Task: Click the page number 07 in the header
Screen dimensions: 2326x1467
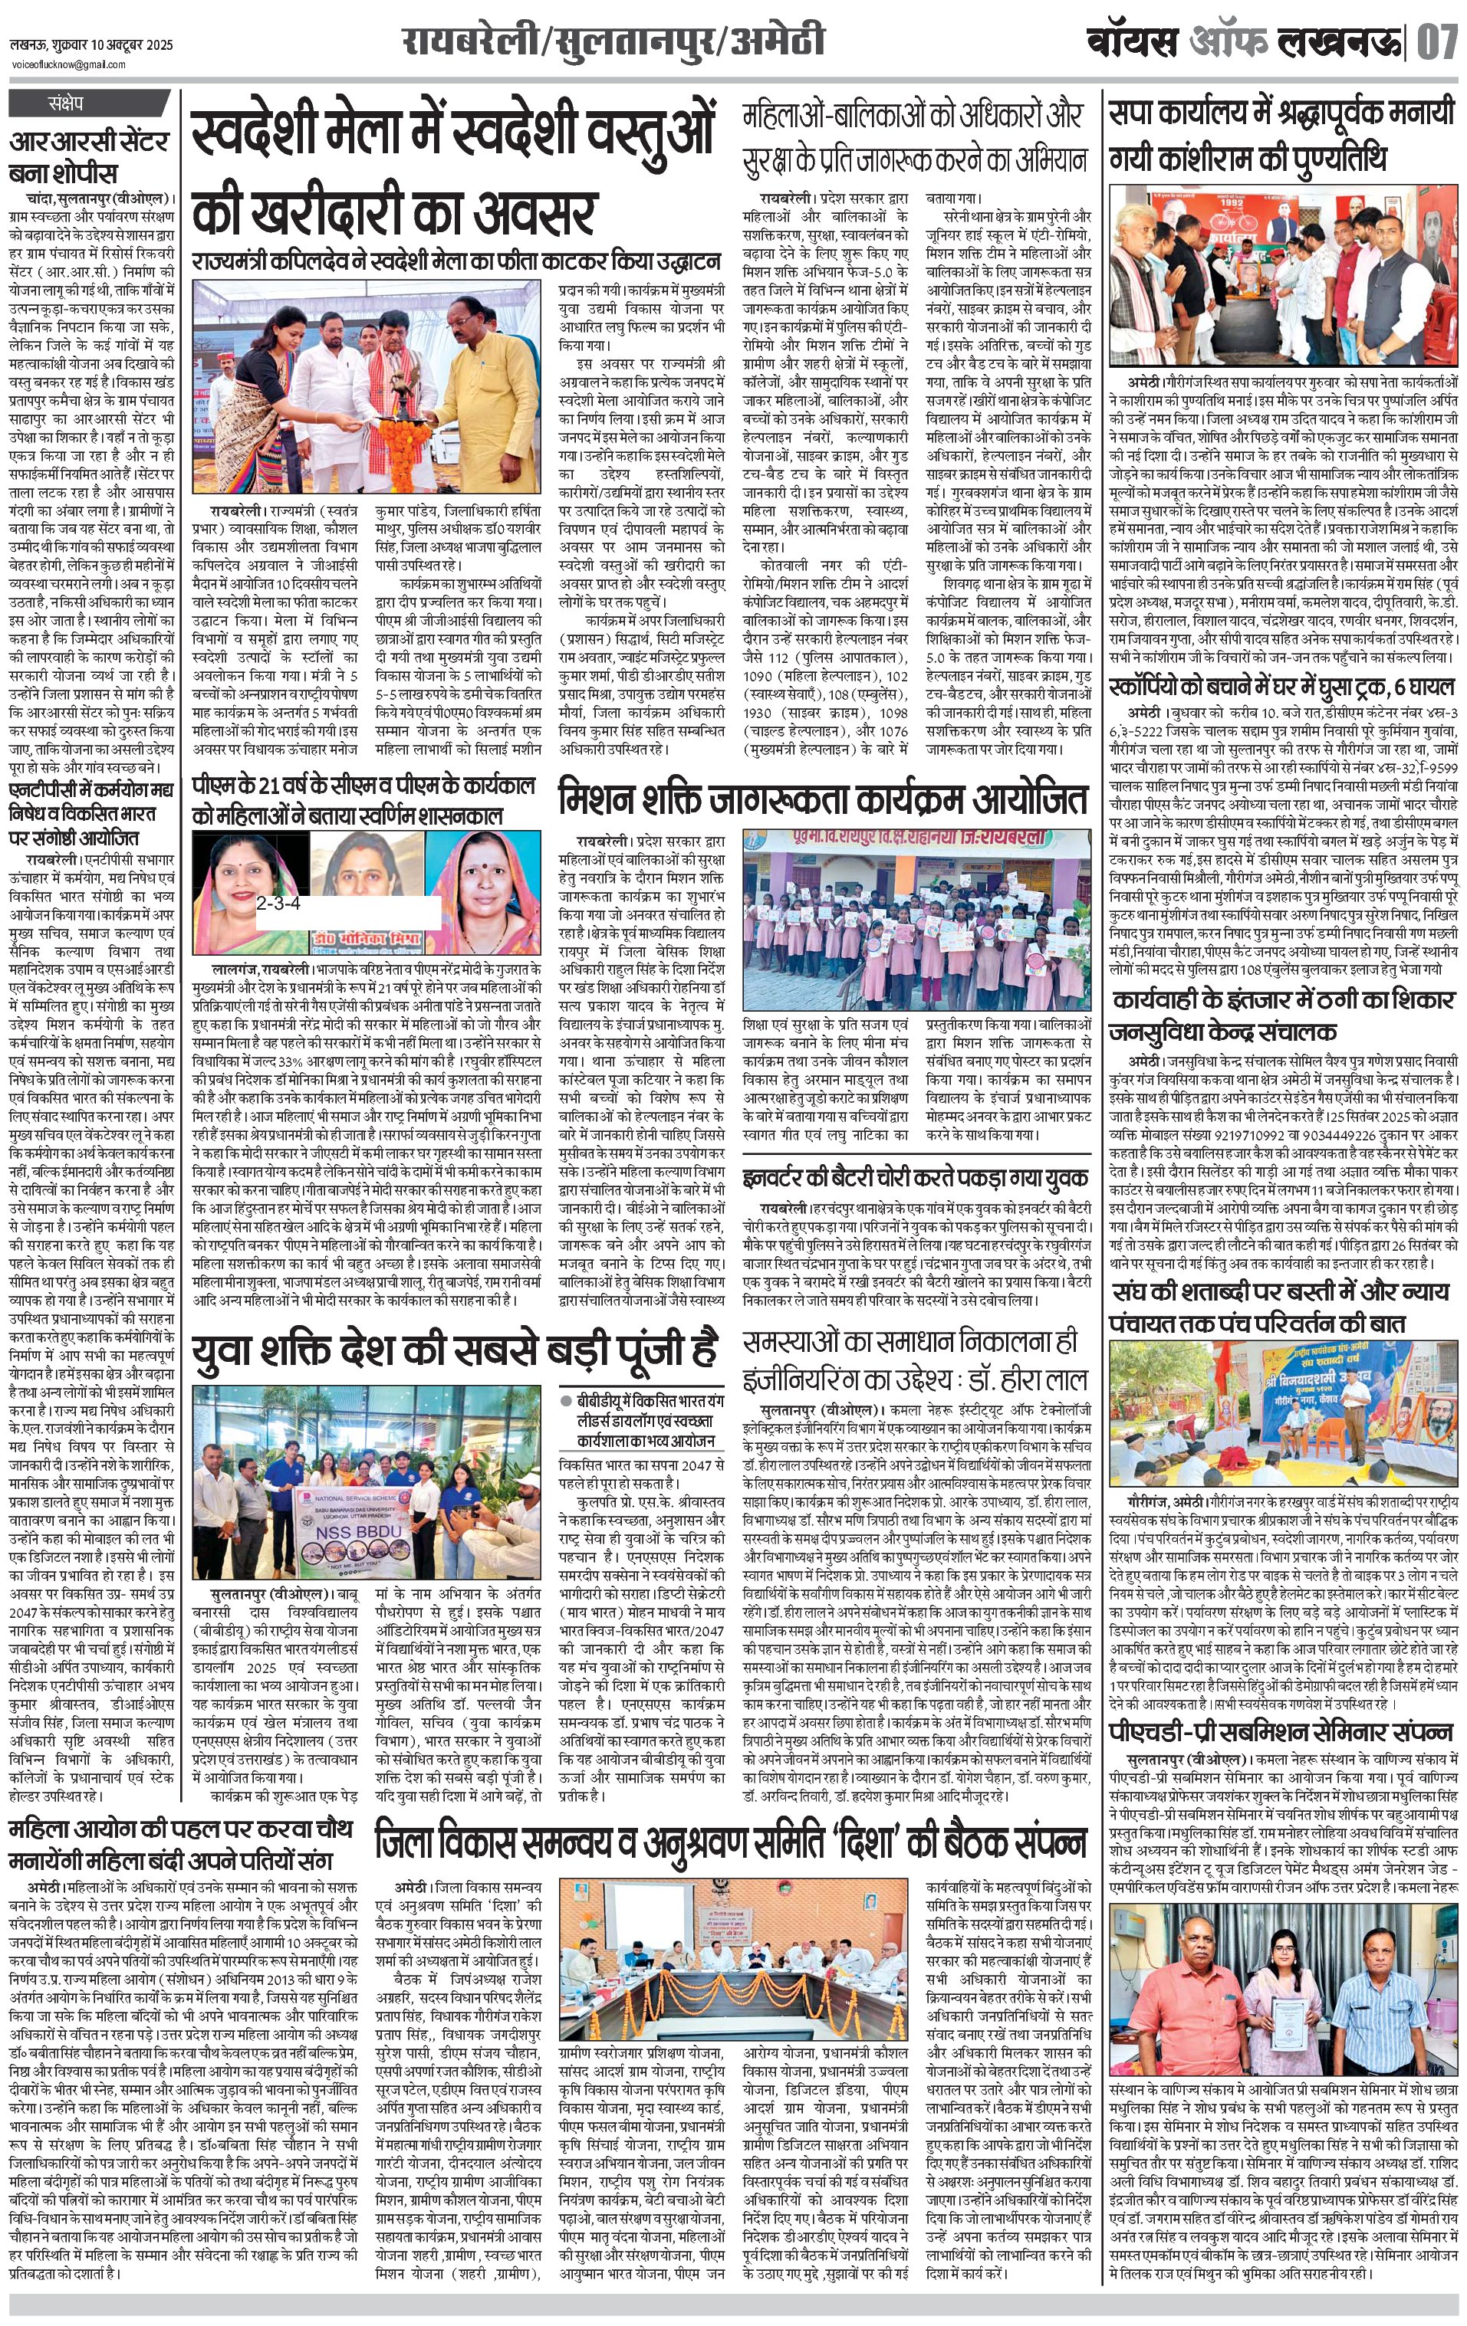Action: tap(1437, 42)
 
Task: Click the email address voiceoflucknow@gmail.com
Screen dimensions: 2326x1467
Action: tap(68, 64)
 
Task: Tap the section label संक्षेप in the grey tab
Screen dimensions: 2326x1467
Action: tap(66, 103)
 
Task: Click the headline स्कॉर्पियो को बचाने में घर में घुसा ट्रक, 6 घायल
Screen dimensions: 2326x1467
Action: tap(1281, 687)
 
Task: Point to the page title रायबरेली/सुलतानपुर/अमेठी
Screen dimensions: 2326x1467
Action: tap(613, 42)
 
